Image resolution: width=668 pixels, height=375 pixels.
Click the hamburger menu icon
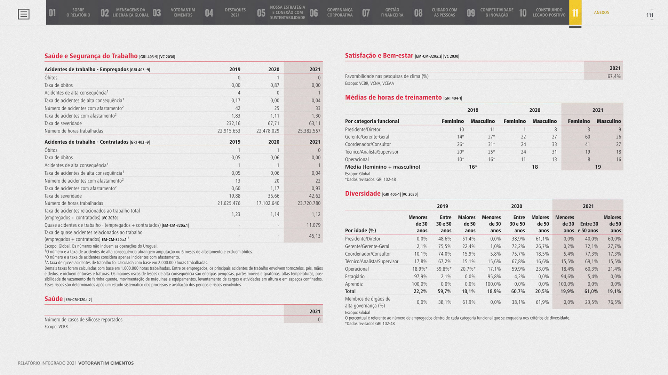(24, 14)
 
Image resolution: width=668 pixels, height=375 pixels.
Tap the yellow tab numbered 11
(575, 13)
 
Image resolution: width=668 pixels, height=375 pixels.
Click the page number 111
(650, 15)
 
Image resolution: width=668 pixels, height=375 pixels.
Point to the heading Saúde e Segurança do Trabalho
(91, 56)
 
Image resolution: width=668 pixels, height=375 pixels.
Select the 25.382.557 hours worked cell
(309, 131)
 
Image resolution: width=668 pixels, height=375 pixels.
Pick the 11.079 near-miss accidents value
(313, 225)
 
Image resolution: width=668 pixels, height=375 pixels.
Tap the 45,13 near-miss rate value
(315, 236)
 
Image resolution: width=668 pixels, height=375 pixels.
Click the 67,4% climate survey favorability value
(614, 76)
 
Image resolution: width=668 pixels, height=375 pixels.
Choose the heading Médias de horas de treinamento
(393, 97)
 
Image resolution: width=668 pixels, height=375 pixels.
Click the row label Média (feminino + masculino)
(382, 167)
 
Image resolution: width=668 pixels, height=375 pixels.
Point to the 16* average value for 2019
(472, 167)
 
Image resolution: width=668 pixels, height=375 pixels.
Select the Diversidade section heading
(363, 193)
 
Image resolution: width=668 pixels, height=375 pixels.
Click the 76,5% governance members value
(614, 302)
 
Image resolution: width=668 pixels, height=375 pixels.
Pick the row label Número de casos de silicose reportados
(83, 320)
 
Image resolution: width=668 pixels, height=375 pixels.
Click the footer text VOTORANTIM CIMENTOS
(106, 363)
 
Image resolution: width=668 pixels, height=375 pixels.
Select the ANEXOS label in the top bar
(601, 13)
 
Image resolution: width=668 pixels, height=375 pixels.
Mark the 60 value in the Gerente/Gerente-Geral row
(587, 137)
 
